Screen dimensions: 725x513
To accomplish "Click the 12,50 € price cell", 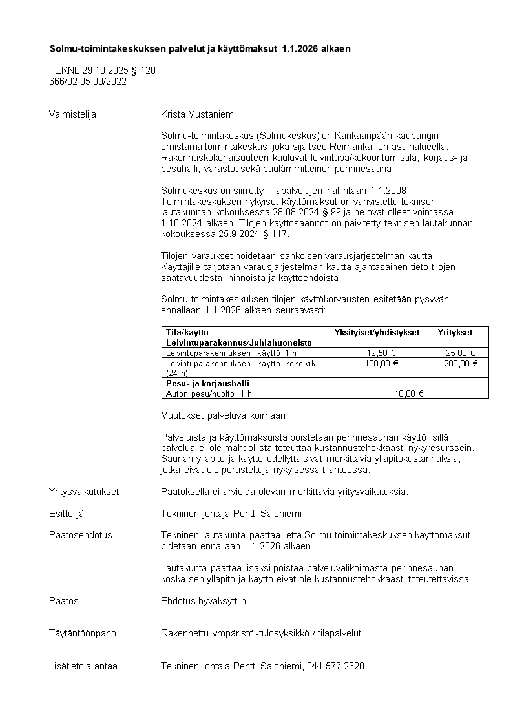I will (381, 353).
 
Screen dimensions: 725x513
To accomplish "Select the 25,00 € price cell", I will (461, 353).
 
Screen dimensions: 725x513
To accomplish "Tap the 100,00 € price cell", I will (381, 363).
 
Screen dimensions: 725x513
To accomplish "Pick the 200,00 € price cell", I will (461, 363).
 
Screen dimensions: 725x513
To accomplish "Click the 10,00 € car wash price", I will (409, 393).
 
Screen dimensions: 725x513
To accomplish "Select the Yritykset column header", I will (455, 332).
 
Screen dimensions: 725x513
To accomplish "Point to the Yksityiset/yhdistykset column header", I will (377, 332).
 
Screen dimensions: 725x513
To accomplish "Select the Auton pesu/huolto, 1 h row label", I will (209, 393).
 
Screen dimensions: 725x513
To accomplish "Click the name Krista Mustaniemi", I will (198, 114).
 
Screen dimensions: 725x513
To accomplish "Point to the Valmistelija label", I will (72, 114).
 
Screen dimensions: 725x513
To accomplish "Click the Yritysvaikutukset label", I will (84, 492).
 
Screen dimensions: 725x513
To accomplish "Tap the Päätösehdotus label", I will (81, 535).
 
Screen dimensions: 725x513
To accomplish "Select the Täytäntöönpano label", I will (83, 633).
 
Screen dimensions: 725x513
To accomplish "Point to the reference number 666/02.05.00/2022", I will (88, 81).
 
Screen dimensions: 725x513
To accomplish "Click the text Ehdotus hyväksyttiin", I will (204, 601).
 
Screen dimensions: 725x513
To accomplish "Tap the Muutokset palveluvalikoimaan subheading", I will (223, 415).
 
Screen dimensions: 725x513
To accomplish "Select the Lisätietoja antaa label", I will (83, 666).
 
